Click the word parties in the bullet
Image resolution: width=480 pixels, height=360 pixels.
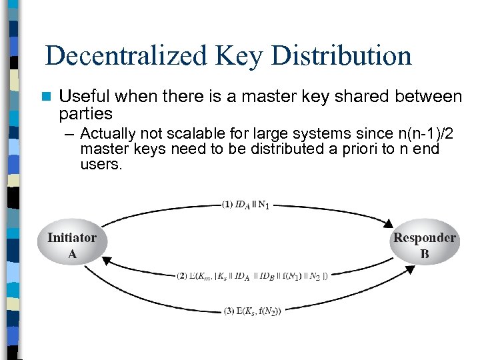(86, 113)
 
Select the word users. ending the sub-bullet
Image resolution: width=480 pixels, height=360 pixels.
(101, 164)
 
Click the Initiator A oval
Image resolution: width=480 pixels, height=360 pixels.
(72, 245)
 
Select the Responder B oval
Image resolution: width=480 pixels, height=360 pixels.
(425, 245)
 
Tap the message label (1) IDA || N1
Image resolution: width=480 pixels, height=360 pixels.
(245, 205)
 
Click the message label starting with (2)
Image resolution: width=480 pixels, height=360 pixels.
(253, 274)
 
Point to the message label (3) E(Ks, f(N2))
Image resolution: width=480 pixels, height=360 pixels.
(253, 310)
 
